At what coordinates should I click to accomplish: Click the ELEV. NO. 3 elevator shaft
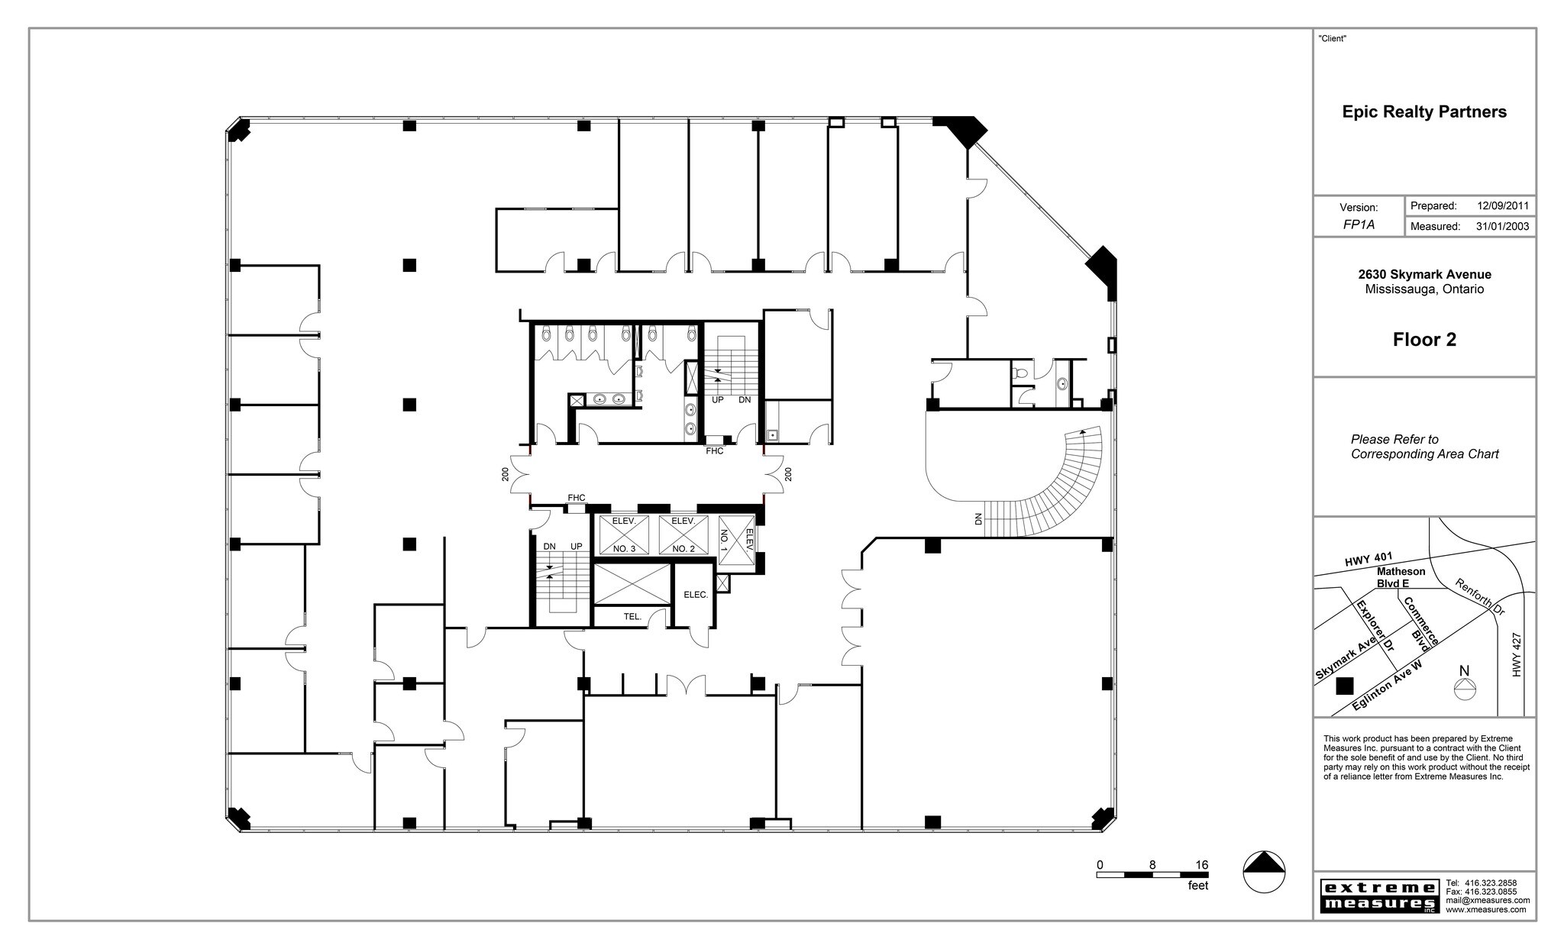(624, 535)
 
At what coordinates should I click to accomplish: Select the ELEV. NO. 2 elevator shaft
(683, 535)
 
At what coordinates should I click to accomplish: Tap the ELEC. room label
(696, 595)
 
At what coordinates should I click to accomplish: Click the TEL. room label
(632, 617)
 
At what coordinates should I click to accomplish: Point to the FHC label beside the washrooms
(714, 451)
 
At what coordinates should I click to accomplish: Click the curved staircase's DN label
(978, 518)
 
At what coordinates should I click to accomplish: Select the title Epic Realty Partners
(1424, 112)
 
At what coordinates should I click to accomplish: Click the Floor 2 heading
(1424, 340)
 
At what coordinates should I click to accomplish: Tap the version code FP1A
(1359, 225)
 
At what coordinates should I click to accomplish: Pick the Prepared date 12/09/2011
(1502, 206)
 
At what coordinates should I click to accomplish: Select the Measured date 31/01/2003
(1502, 227)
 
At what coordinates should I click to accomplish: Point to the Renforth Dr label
(1479, 597)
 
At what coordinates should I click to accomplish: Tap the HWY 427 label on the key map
(1517, 654)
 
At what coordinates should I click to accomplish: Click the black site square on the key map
(1344, 686)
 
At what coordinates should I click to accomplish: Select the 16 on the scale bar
(1201, 865)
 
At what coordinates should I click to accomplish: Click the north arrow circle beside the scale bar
(1264, 871)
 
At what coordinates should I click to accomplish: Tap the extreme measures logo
(1378, 896)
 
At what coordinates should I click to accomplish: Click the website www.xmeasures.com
(1485, 909)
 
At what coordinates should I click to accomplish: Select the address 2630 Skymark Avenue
(1424, 274)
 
